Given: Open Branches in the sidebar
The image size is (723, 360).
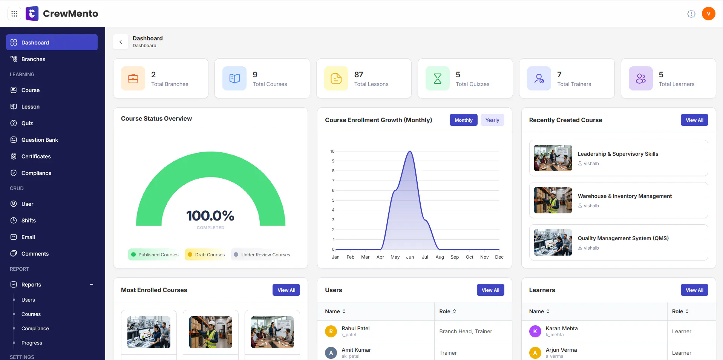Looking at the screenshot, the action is (33, 59).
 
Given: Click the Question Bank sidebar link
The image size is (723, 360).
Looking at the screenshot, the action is (40, 140).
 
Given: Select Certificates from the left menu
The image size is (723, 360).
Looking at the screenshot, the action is (36, 156).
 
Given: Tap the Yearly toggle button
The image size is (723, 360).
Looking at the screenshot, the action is (492, 120).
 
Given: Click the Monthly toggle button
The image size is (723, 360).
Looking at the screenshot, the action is (463, 120).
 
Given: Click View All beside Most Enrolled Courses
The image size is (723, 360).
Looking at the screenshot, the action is (286, 290).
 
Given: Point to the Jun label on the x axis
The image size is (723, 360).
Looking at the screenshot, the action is (410, 257).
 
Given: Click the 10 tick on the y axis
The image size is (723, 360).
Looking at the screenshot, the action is (332, 151).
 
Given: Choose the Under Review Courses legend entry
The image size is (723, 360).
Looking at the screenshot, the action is (262, 255).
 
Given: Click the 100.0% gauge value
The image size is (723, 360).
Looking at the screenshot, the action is (210, 216).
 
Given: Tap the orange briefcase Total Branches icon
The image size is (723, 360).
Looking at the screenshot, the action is (133, 78).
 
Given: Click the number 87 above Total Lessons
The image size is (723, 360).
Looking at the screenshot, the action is (359, 75).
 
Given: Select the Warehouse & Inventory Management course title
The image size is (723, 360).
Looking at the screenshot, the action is (625, 196).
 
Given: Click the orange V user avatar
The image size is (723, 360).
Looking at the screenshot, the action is (709, 14).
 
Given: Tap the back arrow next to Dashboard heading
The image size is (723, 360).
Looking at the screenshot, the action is (121, 42).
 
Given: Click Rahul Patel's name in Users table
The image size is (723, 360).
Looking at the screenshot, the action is (355, 328).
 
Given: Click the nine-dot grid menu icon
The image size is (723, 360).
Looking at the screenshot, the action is (14, 14).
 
